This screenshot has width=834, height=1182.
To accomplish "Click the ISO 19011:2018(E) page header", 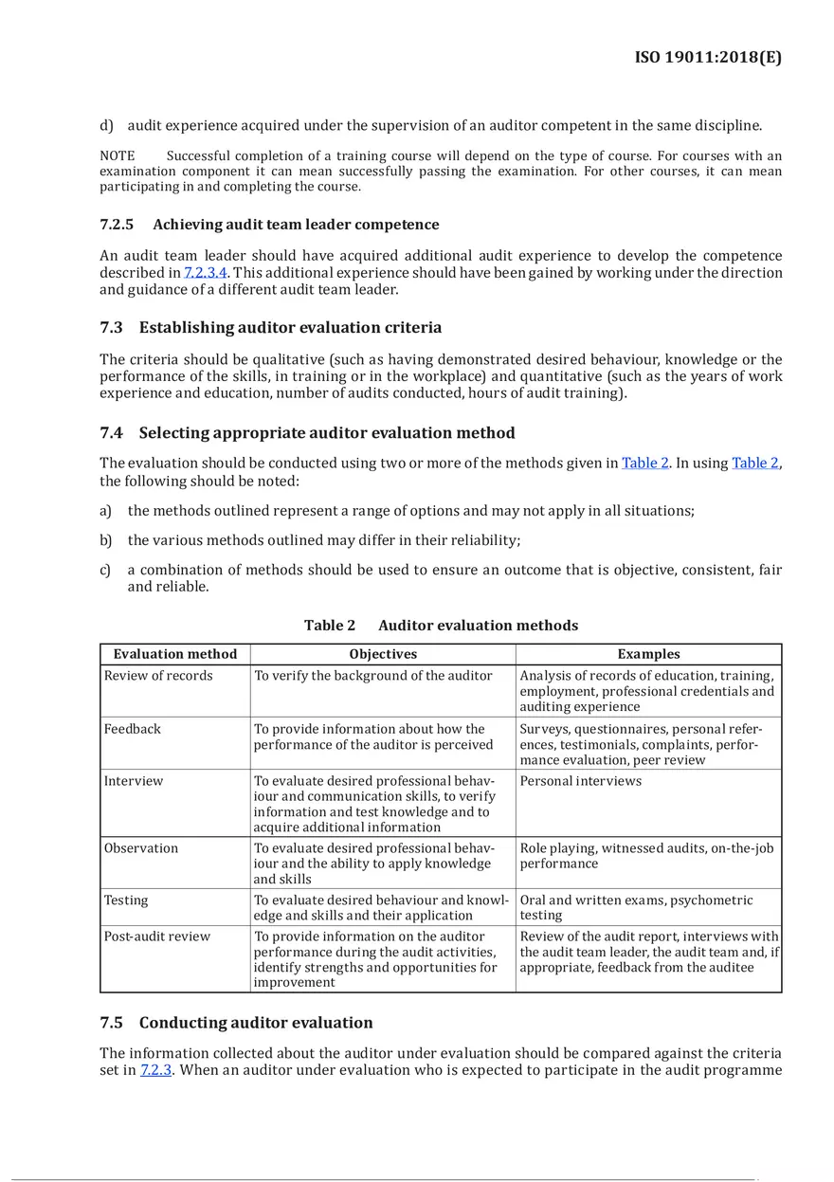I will [x=707, y=58].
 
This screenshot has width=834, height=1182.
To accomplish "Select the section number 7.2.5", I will [x=117, y=225].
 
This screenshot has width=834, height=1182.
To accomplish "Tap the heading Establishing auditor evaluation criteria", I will [x=290, y=328].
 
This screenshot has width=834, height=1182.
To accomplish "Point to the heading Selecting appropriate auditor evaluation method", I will [x=327, y=433].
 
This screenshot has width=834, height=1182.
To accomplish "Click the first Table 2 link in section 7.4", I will [x=644, y=464].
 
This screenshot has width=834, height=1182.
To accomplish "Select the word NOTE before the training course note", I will [x=117, y=155].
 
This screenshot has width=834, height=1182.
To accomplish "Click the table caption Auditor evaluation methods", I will [x=478, y=626].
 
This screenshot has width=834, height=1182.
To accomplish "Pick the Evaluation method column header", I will [x=175, y=654].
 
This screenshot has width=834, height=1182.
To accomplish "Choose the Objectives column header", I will [x=383, y=654].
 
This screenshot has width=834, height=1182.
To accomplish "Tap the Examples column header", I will [x=648, y=654].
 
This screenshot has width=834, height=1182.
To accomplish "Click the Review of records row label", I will [x=158, y=676].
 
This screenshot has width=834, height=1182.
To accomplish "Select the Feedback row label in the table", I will [x=133, y=729].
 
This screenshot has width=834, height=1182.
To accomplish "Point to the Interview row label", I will [x=134, y=781].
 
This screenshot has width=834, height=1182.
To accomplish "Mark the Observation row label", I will [x=141, y=848].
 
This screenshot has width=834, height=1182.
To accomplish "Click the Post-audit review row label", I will [x=157, y=937].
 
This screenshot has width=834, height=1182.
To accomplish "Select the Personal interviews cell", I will [x=580, y=781].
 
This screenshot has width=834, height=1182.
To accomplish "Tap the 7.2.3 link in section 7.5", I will [x=156, y=1070].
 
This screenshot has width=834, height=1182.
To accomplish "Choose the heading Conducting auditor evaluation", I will [x=256, y=1023].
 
